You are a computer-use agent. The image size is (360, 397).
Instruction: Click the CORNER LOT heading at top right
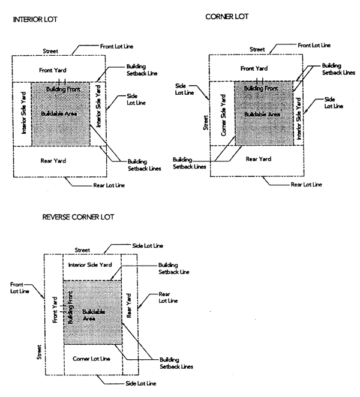(227, 17)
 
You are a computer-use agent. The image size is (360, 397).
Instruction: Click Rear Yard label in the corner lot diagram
(259, 159)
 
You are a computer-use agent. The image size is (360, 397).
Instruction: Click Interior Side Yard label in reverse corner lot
(91, 264)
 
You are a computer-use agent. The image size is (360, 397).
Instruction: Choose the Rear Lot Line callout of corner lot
(306, 185)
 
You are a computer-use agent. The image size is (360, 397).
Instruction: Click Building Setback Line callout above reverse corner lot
(174, 267)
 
